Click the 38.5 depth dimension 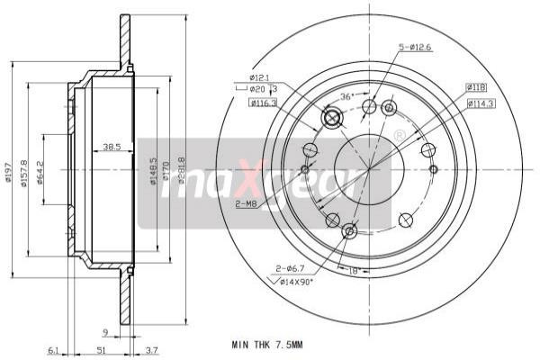112,147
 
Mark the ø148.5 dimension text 153,172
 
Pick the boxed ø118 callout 476,87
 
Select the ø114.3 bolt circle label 481,103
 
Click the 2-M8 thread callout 246,204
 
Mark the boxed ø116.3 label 263,103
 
